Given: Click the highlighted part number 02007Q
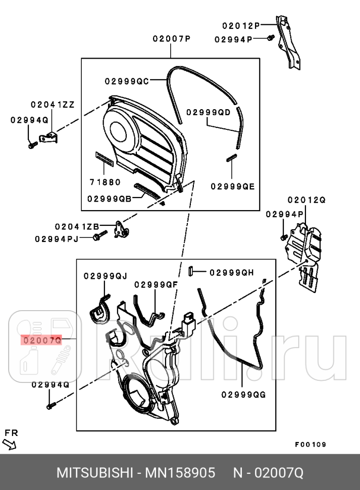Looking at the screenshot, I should [41, 340].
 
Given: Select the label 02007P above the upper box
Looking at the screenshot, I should [171, 39].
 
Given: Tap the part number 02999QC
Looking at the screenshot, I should [127, 81].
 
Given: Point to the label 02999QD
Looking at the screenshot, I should [208, 113].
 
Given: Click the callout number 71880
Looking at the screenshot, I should [106, 181].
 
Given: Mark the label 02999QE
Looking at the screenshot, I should [233, 186].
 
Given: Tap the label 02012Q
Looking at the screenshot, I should [306, 200].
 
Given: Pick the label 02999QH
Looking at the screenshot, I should [231, 272].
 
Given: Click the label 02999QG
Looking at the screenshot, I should [243, 394].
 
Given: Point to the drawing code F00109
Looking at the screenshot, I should [311, 445].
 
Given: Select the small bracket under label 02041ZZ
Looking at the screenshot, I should [50, 136].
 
